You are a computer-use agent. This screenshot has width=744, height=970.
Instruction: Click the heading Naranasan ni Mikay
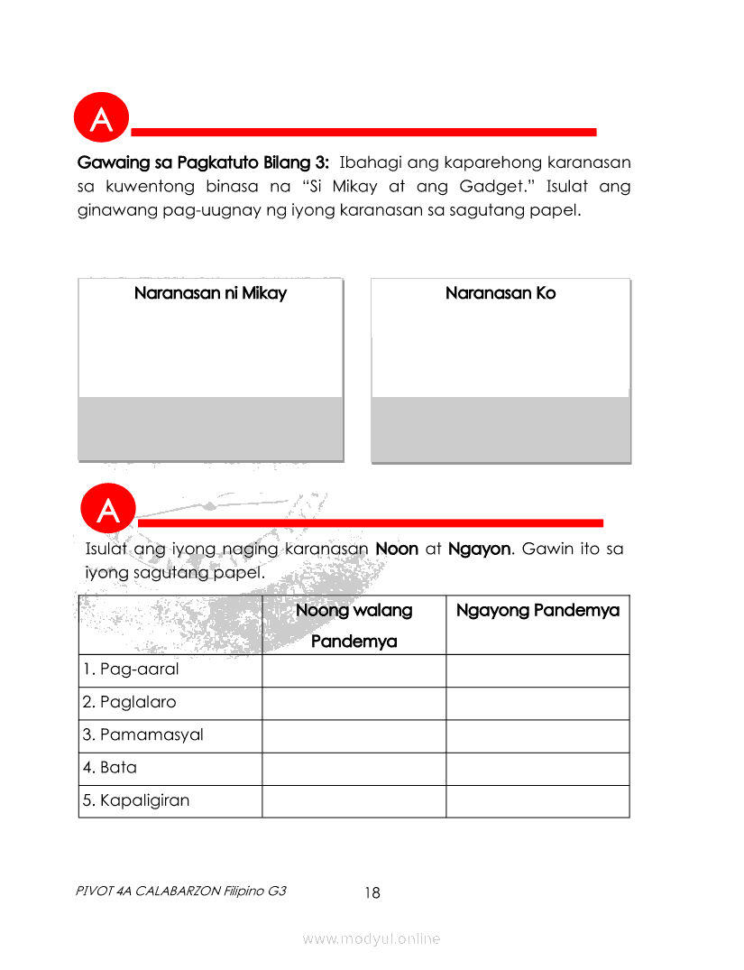[210, 293]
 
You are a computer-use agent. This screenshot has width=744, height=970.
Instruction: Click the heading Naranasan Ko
[501, 293]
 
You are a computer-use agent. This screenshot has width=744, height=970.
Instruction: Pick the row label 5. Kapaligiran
[136, 800]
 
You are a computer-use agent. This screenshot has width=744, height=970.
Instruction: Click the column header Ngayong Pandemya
[537, 611]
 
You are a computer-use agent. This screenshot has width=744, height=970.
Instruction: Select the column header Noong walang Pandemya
[354, 625]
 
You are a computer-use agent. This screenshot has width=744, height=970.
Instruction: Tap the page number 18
[372, 893]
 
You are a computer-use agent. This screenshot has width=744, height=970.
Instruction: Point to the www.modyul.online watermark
[372, 939]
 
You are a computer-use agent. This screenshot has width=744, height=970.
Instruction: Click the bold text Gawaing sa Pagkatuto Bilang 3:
[205, 163]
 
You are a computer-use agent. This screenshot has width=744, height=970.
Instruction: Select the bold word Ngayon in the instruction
[479, 549]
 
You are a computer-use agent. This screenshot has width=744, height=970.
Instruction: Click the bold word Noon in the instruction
[397, 549]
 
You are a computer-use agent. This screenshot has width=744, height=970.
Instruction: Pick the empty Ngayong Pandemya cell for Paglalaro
[537, 703]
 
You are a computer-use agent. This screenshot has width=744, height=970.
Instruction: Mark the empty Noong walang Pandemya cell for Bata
[354, 769]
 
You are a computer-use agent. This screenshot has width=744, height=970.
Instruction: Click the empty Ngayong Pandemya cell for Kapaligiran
[537, 801]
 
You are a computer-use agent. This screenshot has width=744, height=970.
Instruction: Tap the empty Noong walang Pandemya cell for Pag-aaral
[354, 670]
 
